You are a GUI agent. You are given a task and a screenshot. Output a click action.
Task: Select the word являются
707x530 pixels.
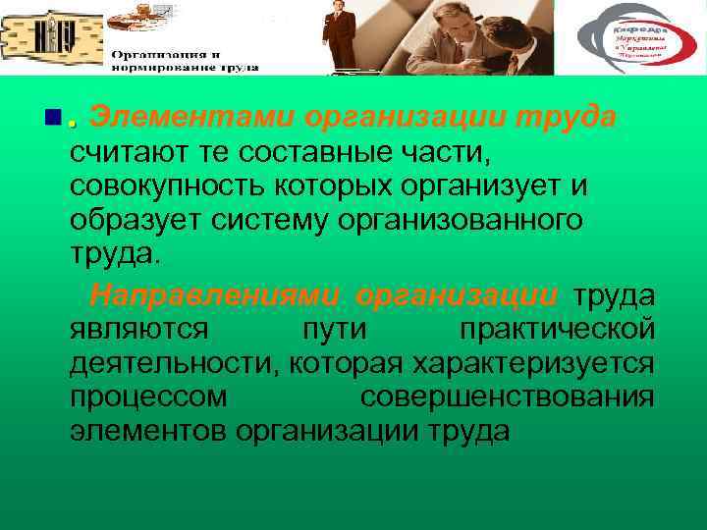point(138,329)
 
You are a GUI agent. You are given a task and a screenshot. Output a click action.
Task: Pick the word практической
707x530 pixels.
point(554,329)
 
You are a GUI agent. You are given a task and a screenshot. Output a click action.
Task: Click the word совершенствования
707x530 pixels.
point(507,397)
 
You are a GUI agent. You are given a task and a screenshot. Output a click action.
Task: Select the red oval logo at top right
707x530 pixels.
point(628,39)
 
